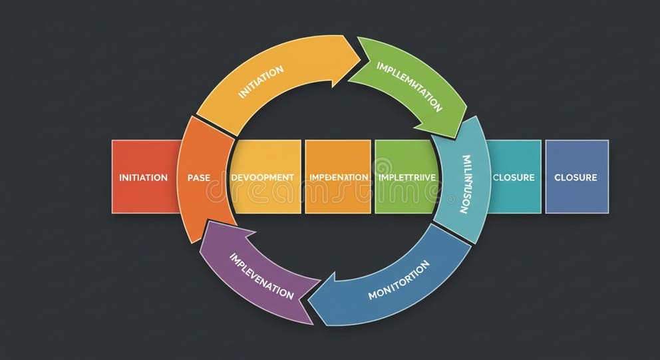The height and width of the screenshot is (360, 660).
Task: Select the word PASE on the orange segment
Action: (198, 178)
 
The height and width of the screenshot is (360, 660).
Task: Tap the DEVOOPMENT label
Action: (262, 178)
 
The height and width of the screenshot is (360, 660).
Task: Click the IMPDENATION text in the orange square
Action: (339, 178)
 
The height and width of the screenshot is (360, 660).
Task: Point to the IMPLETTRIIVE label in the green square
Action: (407, 178)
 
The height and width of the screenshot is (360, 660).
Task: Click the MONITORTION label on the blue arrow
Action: (399, 279)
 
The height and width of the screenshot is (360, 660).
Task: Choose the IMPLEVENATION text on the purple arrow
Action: (261, 275)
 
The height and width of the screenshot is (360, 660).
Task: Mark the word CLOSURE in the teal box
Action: (514, 178)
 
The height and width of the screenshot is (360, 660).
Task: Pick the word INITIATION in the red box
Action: (143, 178)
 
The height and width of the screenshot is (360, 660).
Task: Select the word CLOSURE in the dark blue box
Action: (576, 178)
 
